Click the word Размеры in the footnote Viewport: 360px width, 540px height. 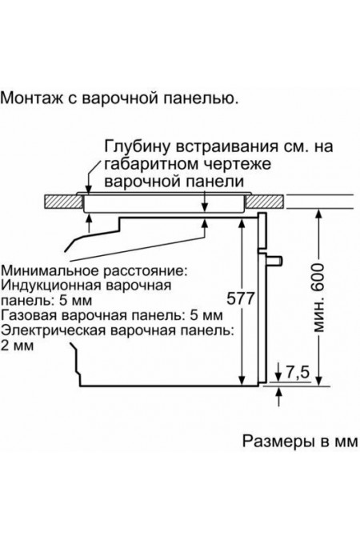269,441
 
